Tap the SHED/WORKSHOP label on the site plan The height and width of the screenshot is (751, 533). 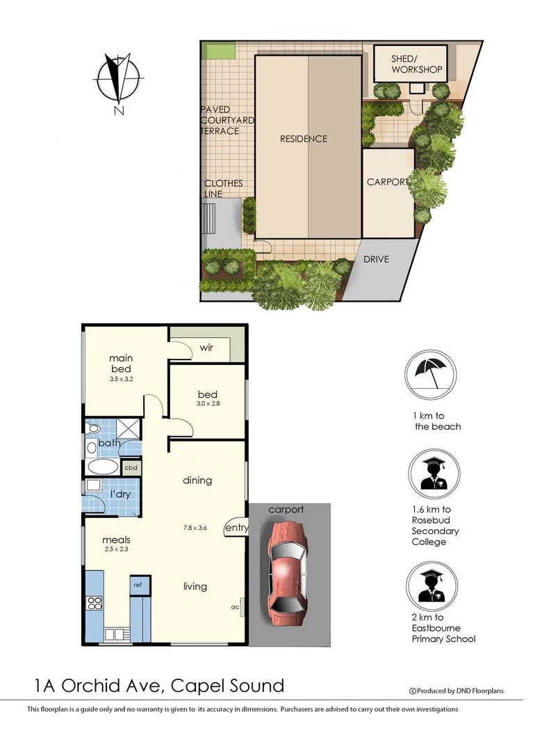click(416, 64)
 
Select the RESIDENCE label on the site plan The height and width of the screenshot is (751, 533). click(303, 138)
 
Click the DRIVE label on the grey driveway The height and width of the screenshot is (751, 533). click(377, 259)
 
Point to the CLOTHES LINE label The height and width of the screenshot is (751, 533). click(223, 188)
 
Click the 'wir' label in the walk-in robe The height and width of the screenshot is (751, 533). click(206, 347)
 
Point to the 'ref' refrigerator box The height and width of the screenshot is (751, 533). click(138, 586)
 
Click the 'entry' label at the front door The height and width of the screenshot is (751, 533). click(236, 528)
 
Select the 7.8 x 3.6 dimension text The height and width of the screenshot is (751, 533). click(196, 528)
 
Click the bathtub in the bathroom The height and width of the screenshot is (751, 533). click(104, 467)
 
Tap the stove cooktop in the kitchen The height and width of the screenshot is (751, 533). click(94, 604)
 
